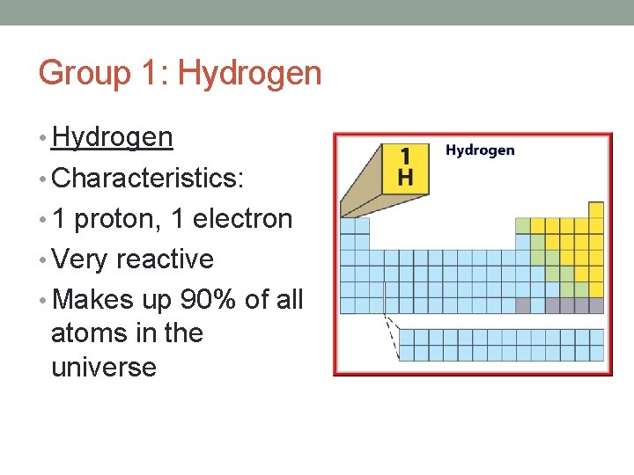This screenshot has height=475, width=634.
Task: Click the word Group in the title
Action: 82,73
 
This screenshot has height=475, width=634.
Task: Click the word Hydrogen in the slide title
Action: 249,73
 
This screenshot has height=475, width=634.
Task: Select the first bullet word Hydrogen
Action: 112,137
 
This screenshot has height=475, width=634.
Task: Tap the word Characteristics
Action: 147,178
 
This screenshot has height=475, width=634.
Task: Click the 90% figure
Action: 208,300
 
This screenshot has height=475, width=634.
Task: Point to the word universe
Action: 104,367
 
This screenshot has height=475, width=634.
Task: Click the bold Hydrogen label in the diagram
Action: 480,150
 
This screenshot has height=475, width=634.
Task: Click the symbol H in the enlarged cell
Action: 405,177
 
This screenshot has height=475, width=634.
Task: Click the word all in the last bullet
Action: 289,300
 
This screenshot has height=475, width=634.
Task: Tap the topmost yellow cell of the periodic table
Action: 596,209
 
